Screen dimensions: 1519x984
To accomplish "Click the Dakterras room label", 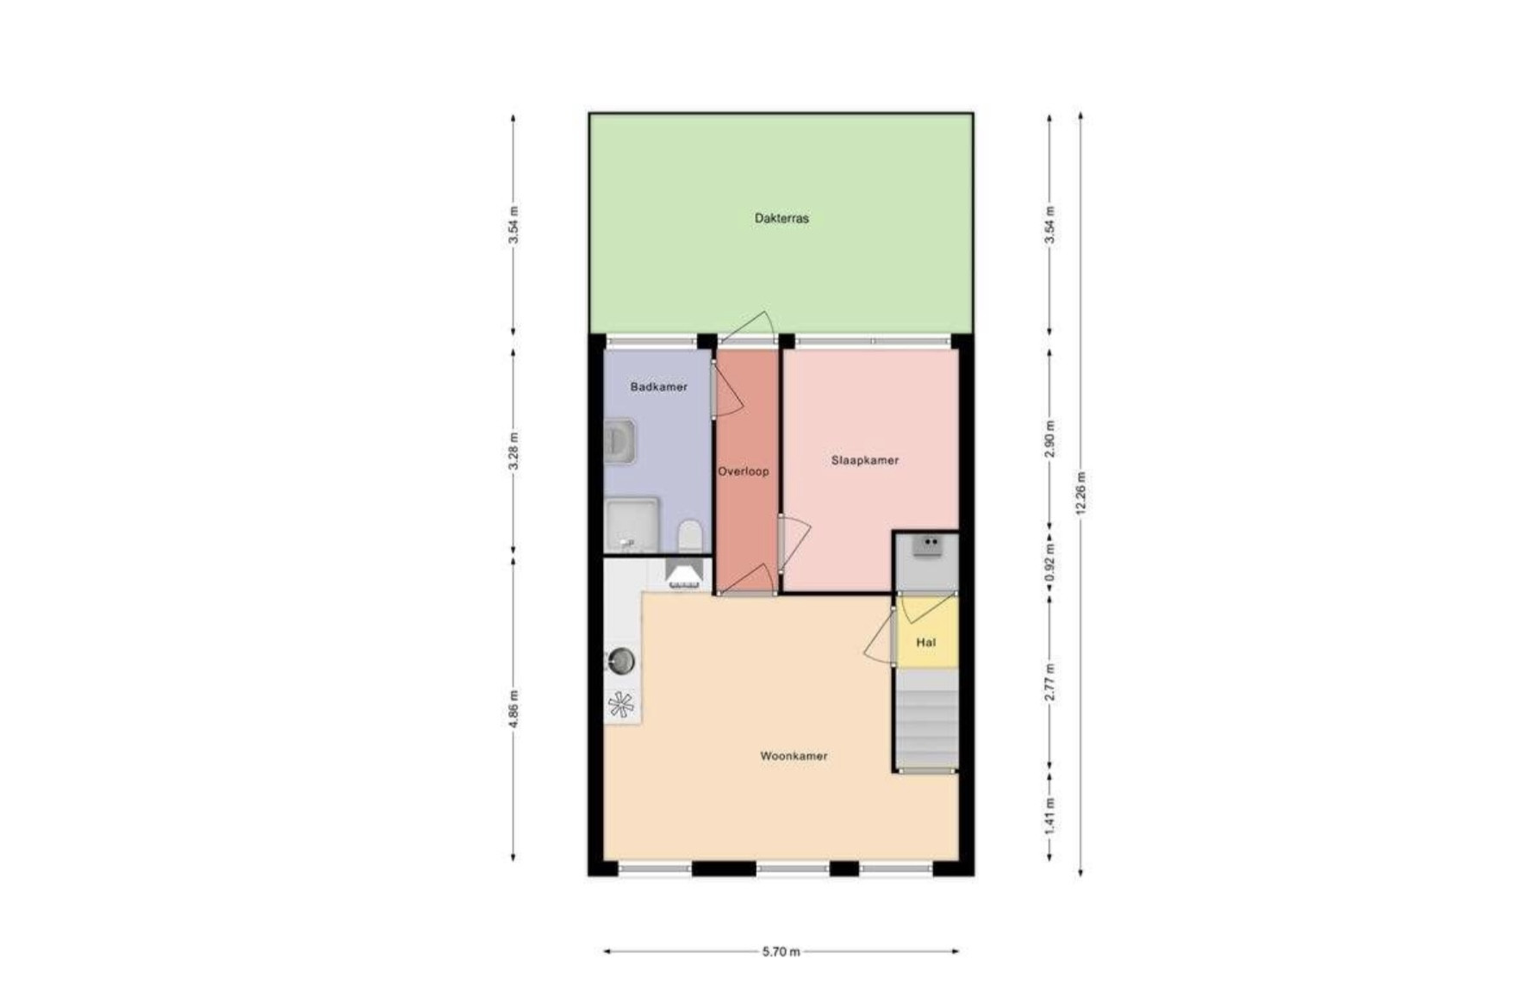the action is [781, 218].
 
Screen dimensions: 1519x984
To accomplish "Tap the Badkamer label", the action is [659, 387].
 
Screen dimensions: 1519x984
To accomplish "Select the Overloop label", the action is [744, 471].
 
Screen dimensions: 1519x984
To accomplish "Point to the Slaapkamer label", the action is [865, 460].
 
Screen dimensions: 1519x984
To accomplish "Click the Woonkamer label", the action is [794, 756].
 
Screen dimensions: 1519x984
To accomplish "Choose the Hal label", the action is [926, 642].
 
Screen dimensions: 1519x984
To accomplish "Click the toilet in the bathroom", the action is [690, 536].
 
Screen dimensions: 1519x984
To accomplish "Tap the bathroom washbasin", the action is [619, 441].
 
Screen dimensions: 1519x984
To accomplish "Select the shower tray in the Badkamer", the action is [632, 525].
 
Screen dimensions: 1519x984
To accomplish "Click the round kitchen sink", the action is [621, 661].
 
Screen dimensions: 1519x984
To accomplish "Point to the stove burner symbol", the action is [620, 705].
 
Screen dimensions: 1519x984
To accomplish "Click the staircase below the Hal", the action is [927, 719].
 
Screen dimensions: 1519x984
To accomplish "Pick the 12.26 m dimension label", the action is [1081, 494].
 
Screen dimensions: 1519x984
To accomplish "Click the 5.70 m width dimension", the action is [781, 951].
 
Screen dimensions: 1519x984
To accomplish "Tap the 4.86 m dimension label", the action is [514, 709].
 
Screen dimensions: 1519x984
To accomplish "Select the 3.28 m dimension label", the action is [514, 452].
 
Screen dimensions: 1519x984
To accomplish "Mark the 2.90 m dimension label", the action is [1049, 440].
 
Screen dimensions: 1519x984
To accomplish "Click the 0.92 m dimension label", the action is [1049, 562].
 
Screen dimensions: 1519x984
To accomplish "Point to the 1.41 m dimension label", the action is [1049, 813].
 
